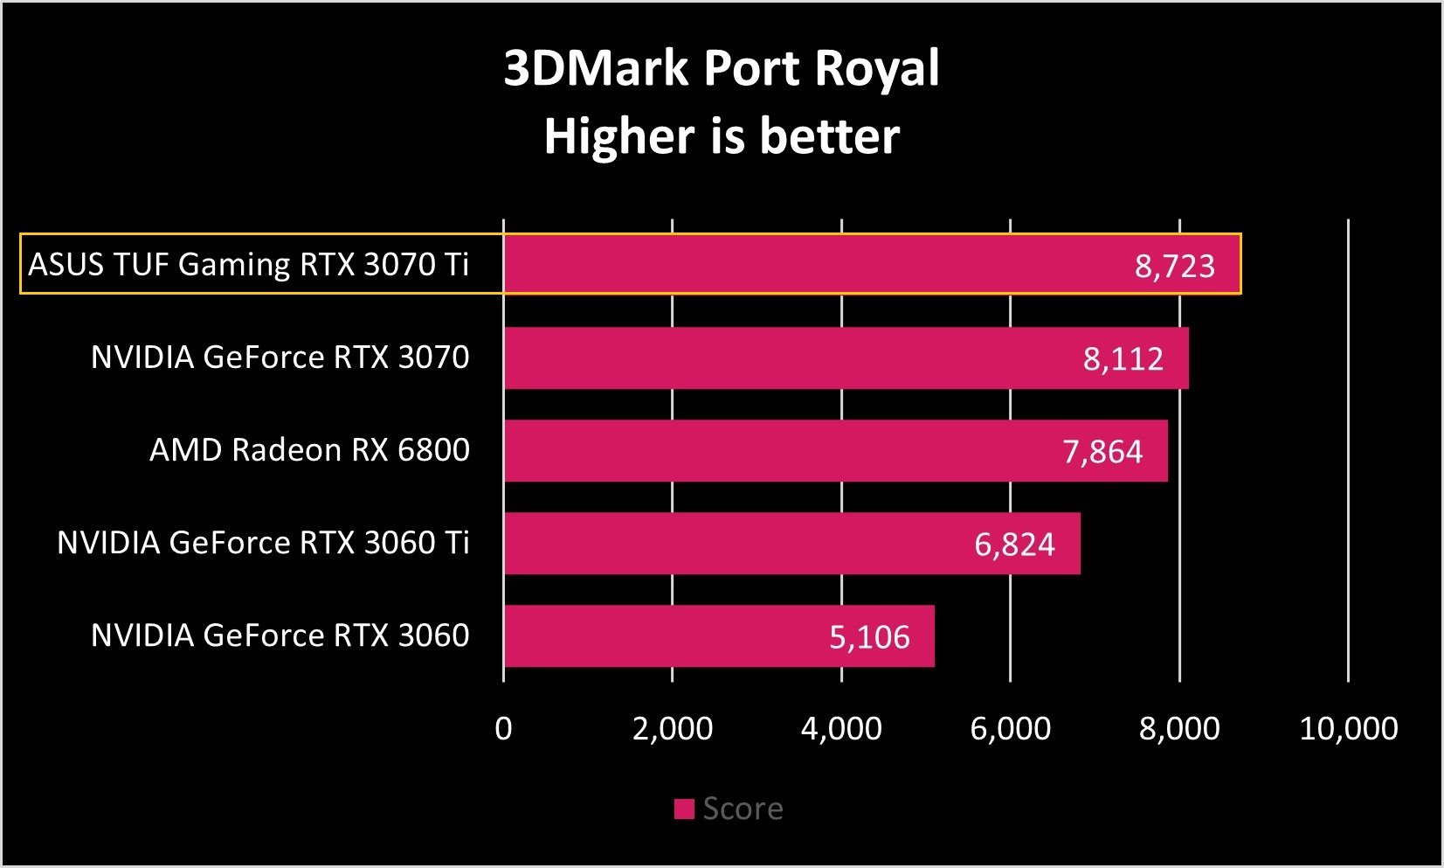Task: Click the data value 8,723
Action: click(x=1174, y=266)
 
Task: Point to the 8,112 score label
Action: click(x=1123, y=358)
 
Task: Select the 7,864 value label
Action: click(x=1102, y=451)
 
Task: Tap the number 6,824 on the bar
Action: click(x=1014, y=544)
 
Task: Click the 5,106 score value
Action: click(x=869, y=636)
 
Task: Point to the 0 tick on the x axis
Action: click(x=503, y=728)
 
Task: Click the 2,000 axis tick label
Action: click(x=673, y=728)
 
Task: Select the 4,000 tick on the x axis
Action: click(x=841, y=728)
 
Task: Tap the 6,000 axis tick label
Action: click(x=1011, y=728)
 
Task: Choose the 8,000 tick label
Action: click(x=1179, y=728)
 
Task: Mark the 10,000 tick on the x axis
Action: click(x=1349, y=728)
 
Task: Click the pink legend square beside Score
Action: click(x=684, y=809)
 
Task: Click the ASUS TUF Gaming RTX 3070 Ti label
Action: click(x=249, y=264)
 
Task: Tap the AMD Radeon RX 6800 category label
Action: click(x=309, y=449)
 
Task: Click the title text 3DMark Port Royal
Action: click(x=722, y=68)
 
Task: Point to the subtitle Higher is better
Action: click(x=722, y=136)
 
